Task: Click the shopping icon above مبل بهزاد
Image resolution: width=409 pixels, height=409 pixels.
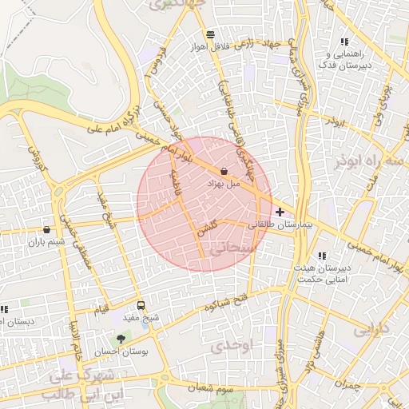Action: (x=223, y=171)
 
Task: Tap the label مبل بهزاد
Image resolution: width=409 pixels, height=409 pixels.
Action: (x=224, y=184)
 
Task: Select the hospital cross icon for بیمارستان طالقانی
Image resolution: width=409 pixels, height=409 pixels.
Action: (x=280, y=212)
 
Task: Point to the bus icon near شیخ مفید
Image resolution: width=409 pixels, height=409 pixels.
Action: (x=141, y=305)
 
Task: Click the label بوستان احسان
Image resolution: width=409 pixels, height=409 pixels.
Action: (x=120, y=351)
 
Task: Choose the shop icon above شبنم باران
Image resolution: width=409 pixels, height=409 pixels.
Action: (x=47, y=229)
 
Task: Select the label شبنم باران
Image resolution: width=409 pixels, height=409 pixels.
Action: (x=45, y=241)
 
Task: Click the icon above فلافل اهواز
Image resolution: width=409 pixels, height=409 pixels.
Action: (x=210, y=34)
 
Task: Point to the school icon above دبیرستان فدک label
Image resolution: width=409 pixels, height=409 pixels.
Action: (x=344, y=42)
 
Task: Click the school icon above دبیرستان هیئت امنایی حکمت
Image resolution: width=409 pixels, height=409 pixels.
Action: (x=322, y=256)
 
